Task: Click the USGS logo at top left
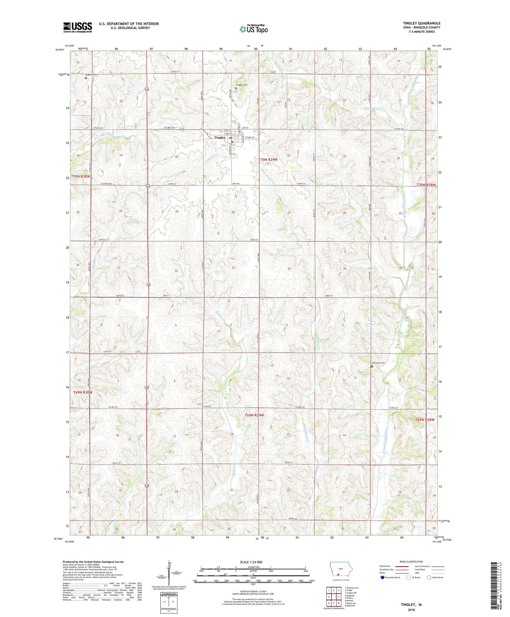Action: click(78, 27)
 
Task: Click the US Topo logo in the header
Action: click(253, 29)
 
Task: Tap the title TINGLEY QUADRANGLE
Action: click(421, 23)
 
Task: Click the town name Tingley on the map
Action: click(220, 137)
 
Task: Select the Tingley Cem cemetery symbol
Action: click(236, 88)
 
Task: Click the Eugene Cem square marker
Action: click(86, 78)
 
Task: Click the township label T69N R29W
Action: click(254, 415)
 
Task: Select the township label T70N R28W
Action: click(426, 185)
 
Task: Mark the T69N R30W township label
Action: click(83, 392)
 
